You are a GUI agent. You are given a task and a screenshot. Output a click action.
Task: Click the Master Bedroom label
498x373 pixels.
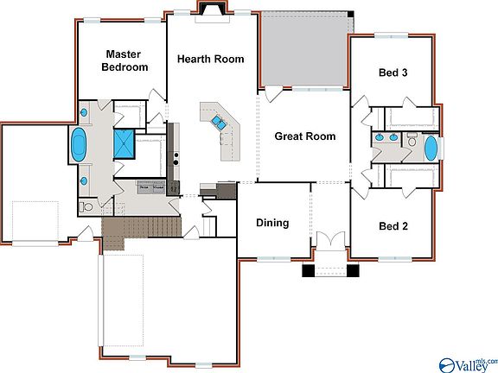click(124, 60)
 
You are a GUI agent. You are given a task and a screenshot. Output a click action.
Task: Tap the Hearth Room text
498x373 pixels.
click(210, 60)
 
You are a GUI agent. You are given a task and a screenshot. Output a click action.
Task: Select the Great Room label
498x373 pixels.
click(304, 136)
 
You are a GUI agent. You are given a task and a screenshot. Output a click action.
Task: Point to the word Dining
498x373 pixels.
click(272, 223)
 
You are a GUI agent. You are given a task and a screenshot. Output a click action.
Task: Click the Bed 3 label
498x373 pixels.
click(393, 73)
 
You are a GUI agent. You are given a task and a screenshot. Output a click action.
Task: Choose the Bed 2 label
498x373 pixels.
click(393, 226)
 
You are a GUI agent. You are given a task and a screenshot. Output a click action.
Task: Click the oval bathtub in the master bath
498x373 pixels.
click(80, 145)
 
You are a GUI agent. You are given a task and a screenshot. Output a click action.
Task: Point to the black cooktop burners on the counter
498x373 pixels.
click(176, 159)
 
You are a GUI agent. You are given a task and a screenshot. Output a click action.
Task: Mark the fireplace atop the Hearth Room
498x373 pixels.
click(212, 9)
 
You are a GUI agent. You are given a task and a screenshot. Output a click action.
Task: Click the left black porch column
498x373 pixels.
click(309, 270)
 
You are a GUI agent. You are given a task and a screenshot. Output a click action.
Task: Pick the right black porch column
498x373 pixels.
click(352, 270)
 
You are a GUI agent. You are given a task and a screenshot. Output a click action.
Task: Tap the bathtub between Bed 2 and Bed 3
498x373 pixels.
click(431, 149)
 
